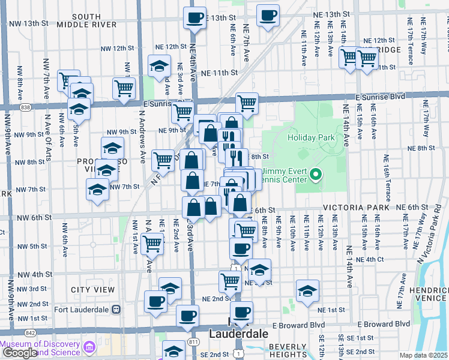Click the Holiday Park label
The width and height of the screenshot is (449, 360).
click(x=310, y=137)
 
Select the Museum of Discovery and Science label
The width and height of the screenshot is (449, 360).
click(x=41, y=347)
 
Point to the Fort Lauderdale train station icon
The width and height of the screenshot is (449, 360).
click(x=116, y=310)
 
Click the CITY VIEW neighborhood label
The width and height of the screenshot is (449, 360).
click(x=92, y=290)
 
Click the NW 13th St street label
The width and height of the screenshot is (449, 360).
click(x=29, y=23)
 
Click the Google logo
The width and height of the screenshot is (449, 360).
click(x=19, y=353)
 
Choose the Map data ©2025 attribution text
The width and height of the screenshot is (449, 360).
click(x=423, y=355)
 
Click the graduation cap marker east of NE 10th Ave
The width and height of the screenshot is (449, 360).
click(x=307, y=291)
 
